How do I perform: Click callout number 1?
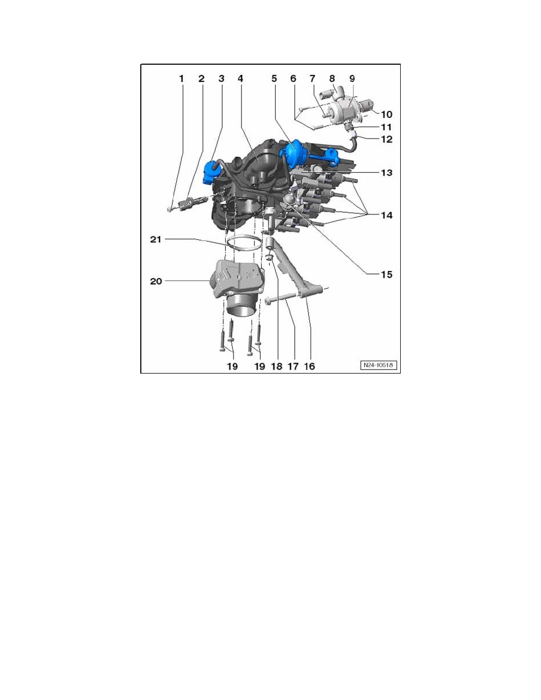[182, 78]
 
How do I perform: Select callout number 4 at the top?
[240, 78]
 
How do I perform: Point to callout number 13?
[386, 173]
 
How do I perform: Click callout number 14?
[386, 216]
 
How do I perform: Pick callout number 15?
[386, 274]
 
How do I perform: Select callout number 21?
[156, 240]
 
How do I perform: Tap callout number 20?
[156, 282]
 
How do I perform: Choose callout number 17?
[293, 366]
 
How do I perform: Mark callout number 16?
[309, 366]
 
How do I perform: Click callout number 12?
[386, 140]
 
